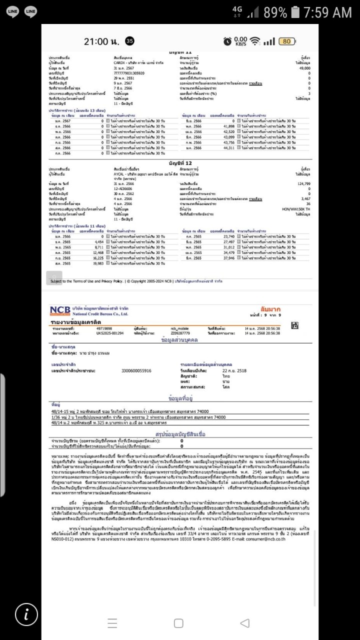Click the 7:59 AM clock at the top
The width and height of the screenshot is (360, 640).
pos(327,11)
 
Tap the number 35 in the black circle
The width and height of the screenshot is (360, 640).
pos(129,41)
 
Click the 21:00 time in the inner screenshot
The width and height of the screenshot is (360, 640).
pos(99,41)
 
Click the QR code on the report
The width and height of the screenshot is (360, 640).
pos(294,325)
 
